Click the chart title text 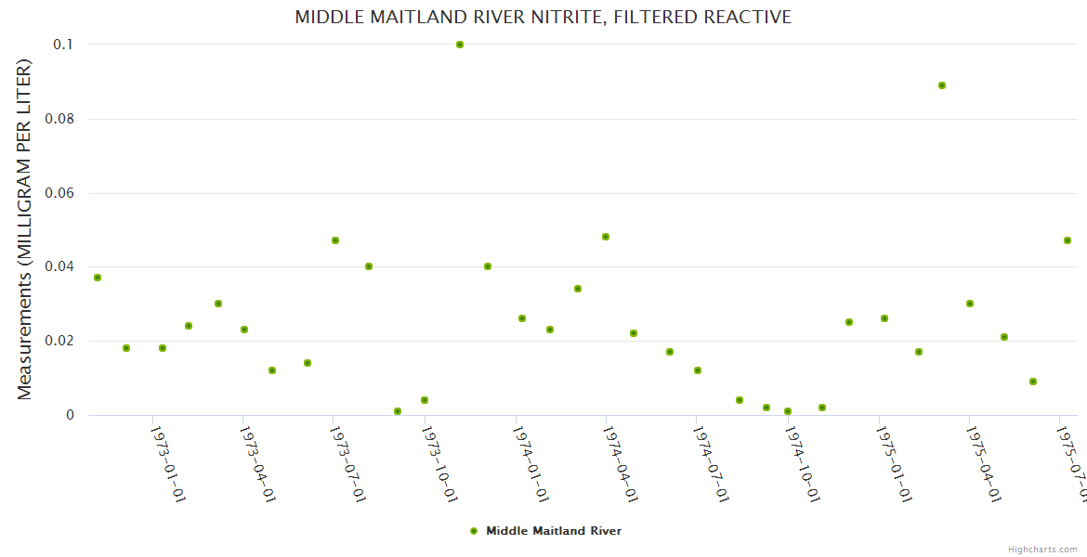coord(543,17)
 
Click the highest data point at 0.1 coord(460,45)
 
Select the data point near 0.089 coord(942,85)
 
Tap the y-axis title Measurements coord(25,229)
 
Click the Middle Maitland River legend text coord(554,531)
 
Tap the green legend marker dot coord(474,531)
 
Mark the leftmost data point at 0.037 coord(98,278)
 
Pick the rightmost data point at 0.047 coord(1067,240)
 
